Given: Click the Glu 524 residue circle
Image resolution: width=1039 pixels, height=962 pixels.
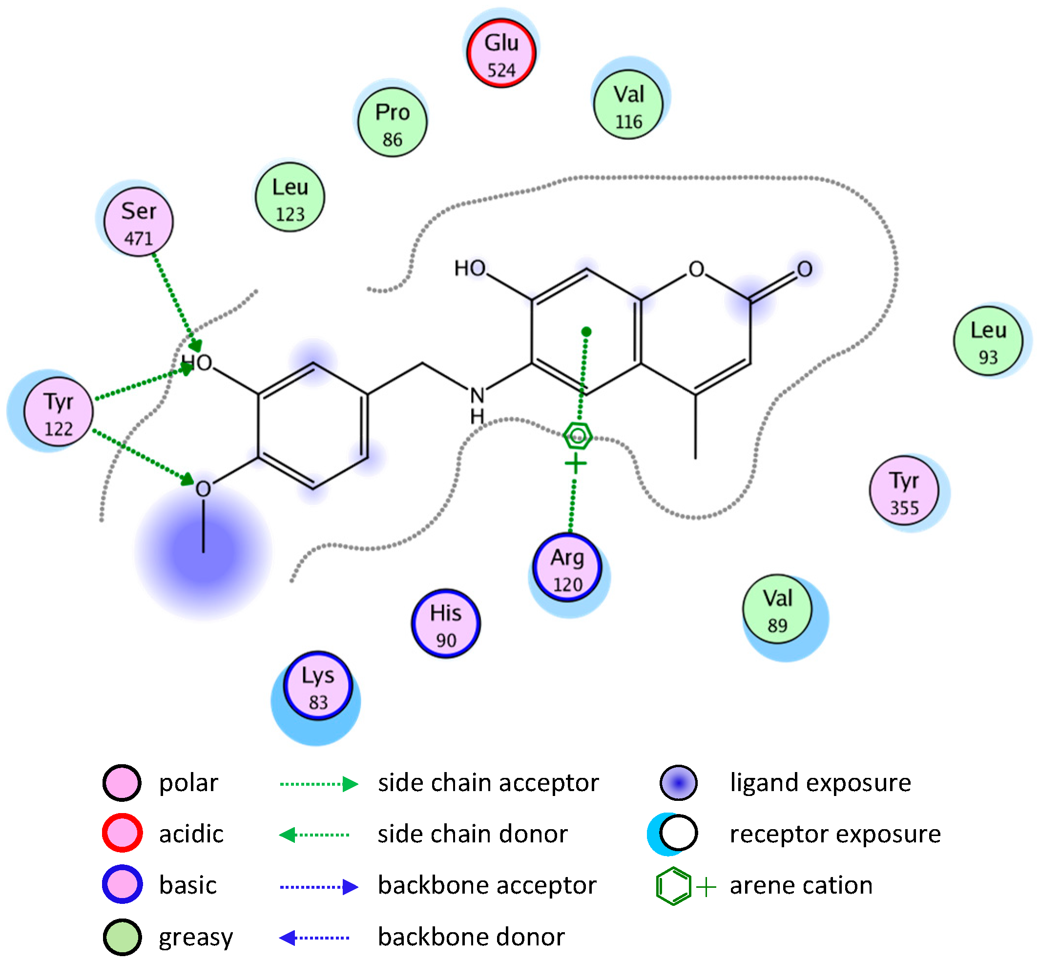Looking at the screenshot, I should [501, 54].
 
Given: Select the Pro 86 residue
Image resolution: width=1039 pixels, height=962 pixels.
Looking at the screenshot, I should [393, 123].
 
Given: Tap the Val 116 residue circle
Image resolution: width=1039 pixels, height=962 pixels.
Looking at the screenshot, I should [628, 105].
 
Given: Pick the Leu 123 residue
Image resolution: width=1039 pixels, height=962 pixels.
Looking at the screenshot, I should [290, 198].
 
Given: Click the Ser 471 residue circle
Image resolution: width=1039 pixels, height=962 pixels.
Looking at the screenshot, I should [139, 222].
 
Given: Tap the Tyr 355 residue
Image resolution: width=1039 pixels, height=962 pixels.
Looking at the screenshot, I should [904, 491].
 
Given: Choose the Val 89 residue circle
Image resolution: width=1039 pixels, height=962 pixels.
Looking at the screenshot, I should [777, 609].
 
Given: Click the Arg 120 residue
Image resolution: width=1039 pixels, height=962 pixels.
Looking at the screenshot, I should [567, 568].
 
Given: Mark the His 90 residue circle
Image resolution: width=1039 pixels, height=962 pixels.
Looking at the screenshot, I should [446, 624].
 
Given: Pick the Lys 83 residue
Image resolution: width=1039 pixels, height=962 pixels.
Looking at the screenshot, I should [318, 686].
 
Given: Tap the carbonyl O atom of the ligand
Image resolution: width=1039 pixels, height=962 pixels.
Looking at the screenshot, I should [804, 270].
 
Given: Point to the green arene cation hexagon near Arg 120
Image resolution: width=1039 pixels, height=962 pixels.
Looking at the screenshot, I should [577, 436].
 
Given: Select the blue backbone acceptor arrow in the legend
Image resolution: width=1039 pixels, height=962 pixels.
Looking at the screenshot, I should [318, 886].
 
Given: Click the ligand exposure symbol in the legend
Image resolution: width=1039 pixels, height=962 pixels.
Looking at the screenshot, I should [678, 782].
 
